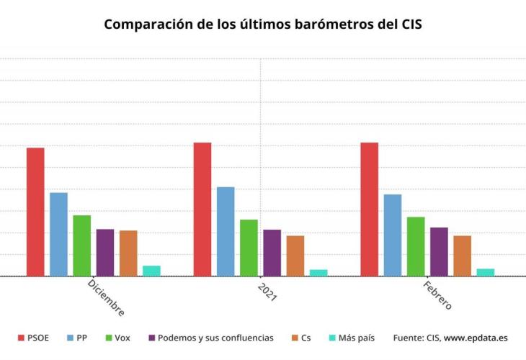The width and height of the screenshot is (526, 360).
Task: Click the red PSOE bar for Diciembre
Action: coord(35,212)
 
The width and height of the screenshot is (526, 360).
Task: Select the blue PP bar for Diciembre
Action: coord(58,234)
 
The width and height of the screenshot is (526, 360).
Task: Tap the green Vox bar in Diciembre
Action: coord(81,246)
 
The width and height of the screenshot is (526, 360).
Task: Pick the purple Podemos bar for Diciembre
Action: coord(105,252)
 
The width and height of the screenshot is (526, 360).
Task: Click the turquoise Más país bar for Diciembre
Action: coord(151,271)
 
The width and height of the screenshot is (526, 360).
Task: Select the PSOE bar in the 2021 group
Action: coord(202,209)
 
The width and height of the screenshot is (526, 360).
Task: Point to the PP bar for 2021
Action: coord(226,231)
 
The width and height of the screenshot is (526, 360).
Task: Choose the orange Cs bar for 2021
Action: coord(295,256)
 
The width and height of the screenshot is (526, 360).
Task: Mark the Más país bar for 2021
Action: coord(318,272)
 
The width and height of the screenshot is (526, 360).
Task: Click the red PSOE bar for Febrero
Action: coord(369,209)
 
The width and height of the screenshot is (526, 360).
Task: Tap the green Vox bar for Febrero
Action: coord(416,246)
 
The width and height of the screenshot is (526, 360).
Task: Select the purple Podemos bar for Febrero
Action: coord(439,251)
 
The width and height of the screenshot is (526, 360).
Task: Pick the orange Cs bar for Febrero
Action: coord(462,256)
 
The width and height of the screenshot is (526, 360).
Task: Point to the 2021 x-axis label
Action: coord(267,291)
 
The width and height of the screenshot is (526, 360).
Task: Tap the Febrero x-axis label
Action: coord(437,295)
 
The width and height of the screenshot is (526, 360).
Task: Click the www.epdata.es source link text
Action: coord(476,337)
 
